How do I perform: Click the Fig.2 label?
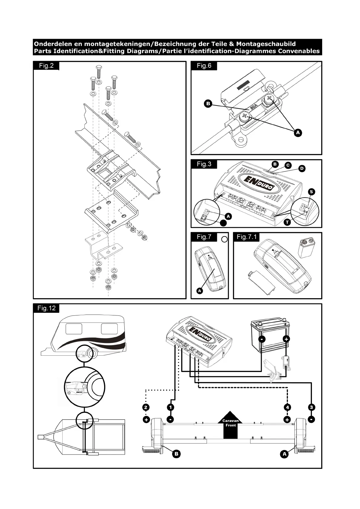[46, 66]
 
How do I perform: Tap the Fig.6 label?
[204, 66]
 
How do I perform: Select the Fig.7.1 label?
[247, 237]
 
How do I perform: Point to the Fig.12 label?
[47, 308]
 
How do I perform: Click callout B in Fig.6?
[208, 104]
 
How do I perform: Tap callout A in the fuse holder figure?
[298, 132]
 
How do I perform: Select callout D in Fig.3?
[302, 168]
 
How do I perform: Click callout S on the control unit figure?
[311, 192]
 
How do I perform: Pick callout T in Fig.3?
[287, 222]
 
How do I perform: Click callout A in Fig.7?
[199, 291]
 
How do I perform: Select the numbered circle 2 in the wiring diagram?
[146, 407]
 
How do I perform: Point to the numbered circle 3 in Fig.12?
[312, 407]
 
